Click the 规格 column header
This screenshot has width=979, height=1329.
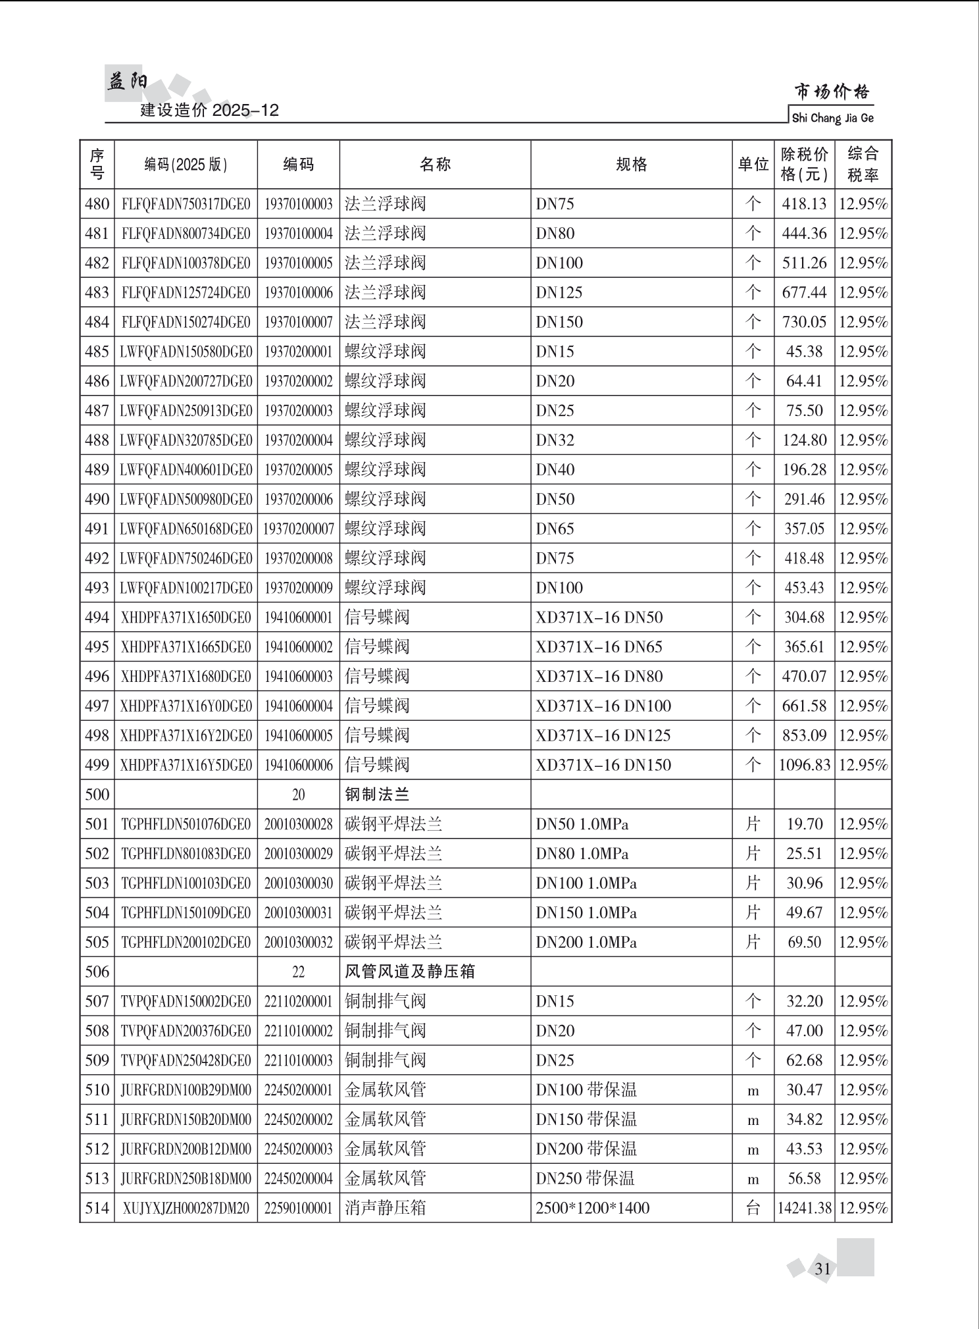(x=631, y=165)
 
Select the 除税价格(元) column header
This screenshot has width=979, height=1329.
(x=804, y=165)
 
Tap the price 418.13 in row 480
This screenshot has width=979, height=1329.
(x=804, y=204)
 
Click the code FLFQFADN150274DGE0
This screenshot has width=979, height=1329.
(x=186, y=323)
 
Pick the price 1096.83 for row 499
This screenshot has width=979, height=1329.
(x=804, y=765)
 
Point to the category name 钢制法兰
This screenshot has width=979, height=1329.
(x=377, y=795)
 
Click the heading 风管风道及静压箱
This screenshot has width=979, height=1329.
(x=409, y=972)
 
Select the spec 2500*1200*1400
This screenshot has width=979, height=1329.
(x=592, y=1208)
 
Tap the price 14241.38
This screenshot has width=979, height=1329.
(x=804, y=1208)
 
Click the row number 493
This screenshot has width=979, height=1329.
(x=97, y=588)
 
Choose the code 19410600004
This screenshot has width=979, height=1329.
(x=298, y=706)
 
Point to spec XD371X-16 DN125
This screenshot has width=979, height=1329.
(x=603, y=735)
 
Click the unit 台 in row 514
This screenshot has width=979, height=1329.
(x=753, y=1208)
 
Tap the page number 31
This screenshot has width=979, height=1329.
(x=822, y=1268)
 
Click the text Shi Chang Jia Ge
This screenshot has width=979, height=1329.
(x=832, y=118)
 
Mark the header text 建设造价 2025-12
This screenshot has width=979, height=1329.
(x=209, y=111)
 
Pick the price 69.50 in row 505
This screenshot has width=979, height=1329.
(x=804, y=942)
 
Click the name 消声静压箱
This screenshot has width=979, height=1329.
(x=385, y=1208)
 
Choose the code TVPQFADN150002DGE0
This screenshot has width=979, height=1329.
(x=186, y=1001)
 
